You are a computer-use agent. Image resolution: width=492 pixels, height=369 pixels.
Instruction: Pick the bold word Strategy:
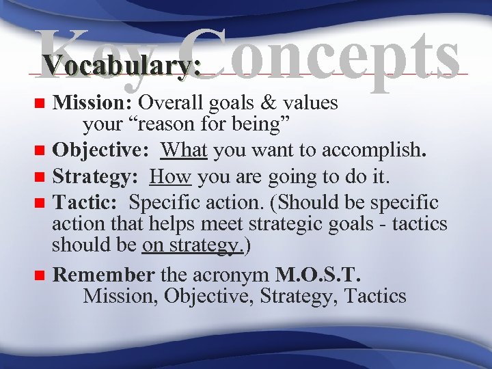click(96, 178)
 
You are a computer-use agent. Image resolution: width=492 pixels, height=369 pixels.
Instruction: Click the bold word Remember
click(105, 275)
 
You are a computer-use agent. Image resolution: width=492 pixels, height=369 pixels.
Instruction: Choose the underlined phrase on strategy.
click(193, 246)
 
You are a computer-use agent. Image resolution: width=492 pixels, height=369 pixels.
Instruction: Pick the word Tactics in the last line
click(376, 296)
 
